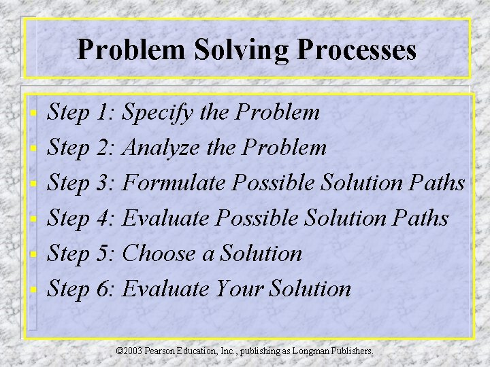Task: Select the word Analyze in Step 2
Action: click(x=162, y=148)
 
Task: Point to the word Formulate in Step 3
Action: click(x=175, y=183)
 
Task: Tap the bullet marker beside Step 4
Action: click(x=35, y=219)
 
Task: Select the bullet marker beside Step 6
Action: click(x=35, y=290)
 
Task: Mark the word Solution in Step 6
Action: click(x=310, y=289)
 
